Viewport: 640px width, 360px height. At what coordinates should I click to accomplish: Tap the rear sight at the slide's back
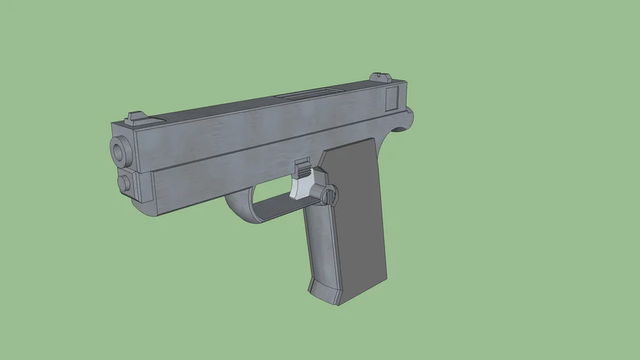tap(381, 77)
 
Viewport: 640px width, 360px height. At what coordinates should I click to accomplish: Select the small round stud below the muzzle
tap(124, 183)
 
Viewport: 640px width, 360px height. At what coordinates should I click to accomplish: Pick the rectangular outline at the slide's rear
tap(392, 97)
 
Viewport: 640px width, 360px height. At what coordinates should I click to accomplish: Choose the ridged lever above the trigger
tap(302, 169)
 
